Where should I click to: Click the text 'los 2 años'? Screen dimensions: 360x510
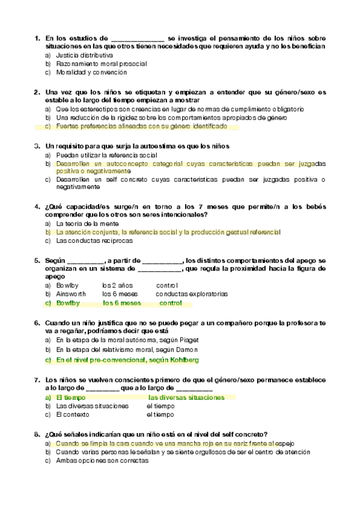116,284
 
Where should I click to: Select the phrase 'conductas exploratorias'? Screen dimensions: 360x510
191,294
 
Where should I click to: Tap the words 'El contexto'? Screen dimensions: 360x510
73,415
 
